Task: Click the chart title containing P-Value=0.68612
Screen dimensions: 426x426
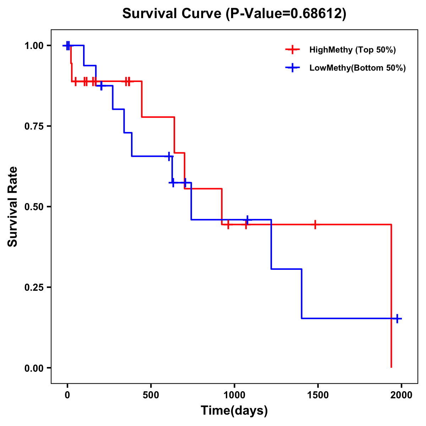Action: coord(234,14)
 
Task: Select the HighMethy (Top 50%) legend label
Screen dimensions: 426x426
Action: coord(353,50)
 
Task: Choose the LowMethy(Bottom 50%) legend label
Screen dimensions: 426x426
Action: coord(357,68)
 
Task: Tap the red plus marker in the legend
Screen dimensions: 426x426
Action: coord(292,50)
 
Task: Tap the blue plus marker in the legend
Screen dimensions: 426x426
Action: coord(292,68)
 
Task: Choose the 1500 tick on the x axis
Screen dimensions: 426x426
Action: coord(318,395)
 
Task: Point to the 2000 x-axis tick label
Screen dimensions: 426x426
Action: coord(401,395)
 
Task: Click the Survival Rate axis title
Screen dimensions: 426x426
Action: coord(13,207)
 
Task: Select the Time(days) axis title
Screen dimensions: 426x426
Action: coord(234,411)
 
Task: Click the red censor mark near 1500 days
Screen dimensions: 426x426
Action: coord(315,225)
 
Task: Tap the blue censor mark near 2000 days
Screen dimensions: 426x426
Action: coord(397,318)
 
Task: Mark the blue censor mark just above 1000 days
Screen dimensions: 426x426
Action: coord(247,220)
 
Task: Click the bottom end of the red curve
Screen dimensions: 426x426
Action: coord(391,367)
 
